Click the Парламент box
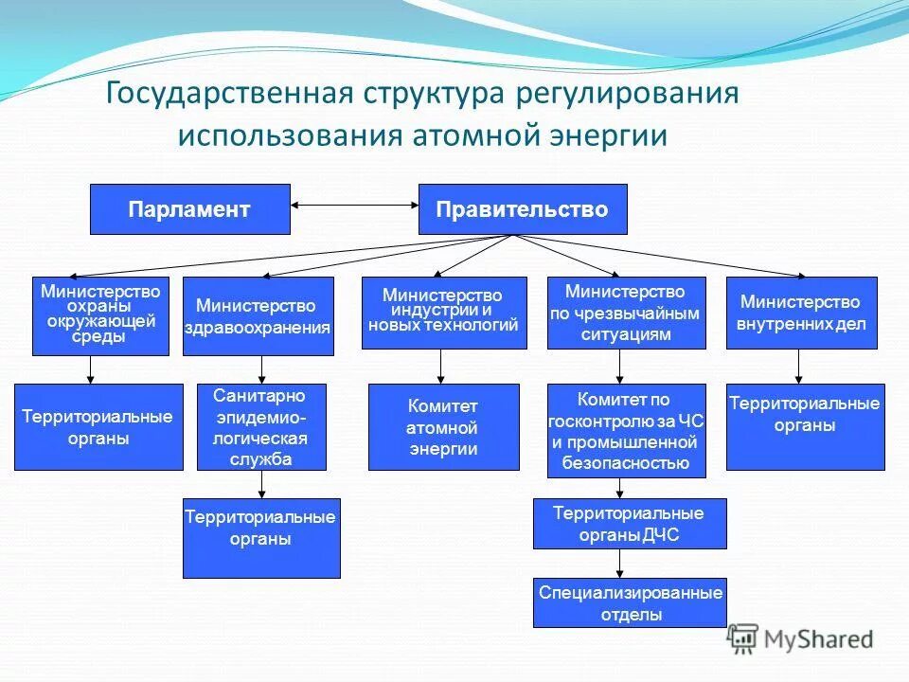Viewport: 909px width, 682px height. [x=189, y=209]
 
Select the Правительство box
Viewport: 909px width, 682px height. [x=523, y=209]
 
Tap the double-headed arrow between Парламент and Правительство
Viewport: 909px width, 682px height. [x=354, y=204]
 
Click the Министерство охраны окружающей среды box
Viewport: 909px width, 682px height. [x=100, y=315]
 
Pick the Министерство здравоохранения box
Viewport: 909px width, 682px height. [x=258, y=316]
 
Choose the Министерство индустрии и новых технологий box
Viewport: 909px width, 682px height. [x=443, y=313]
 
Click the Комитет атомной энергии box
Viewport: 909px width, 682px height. [x=443, y=427]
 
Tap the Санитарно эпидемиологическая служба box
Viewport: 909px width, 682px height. [x=260, y=427]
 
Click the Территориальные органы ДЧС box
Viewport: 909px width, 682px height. [x=629, y=524]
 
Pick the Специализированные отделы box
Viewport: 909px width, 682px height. [x=630, y=602]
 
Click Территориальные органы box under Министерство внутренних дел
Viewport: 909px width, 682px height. [x=805, y=426]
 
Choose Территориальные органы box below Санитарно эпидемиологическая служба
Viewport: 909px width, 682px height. [x=260, y=538]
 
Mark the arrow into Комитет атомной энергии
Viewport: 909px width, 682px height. [x=440, y=368]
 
